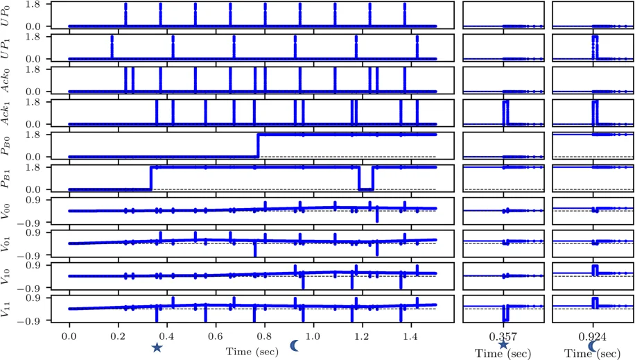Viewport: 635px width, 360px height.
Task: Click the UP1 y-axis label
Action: coord(8,47)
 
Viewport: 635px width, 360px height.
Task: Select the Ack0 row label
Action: coord(8,80)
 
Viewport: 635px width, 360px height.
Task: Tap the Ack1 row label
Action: coord(8,112)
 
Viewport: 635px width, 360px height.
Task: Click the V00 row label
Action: coord(8,210)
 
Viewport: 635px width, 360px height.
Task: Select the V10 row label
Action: coord(8,275)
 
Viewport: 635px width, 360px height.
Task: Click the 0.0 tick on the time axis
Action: coord(69,334)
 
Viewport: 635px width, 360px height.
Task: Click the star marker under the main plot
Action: coord(157,347)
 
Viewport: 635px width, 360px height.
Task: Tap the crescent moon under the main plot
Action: coord(295,345)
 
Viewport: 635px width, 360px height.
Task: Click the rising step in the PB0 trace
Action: coord(258,145)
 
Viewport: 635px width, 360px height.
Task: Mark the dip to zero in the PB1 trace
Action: coord(366,187)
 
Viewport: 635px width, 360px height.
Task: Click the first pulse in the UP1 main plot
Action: coord(112,47)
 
